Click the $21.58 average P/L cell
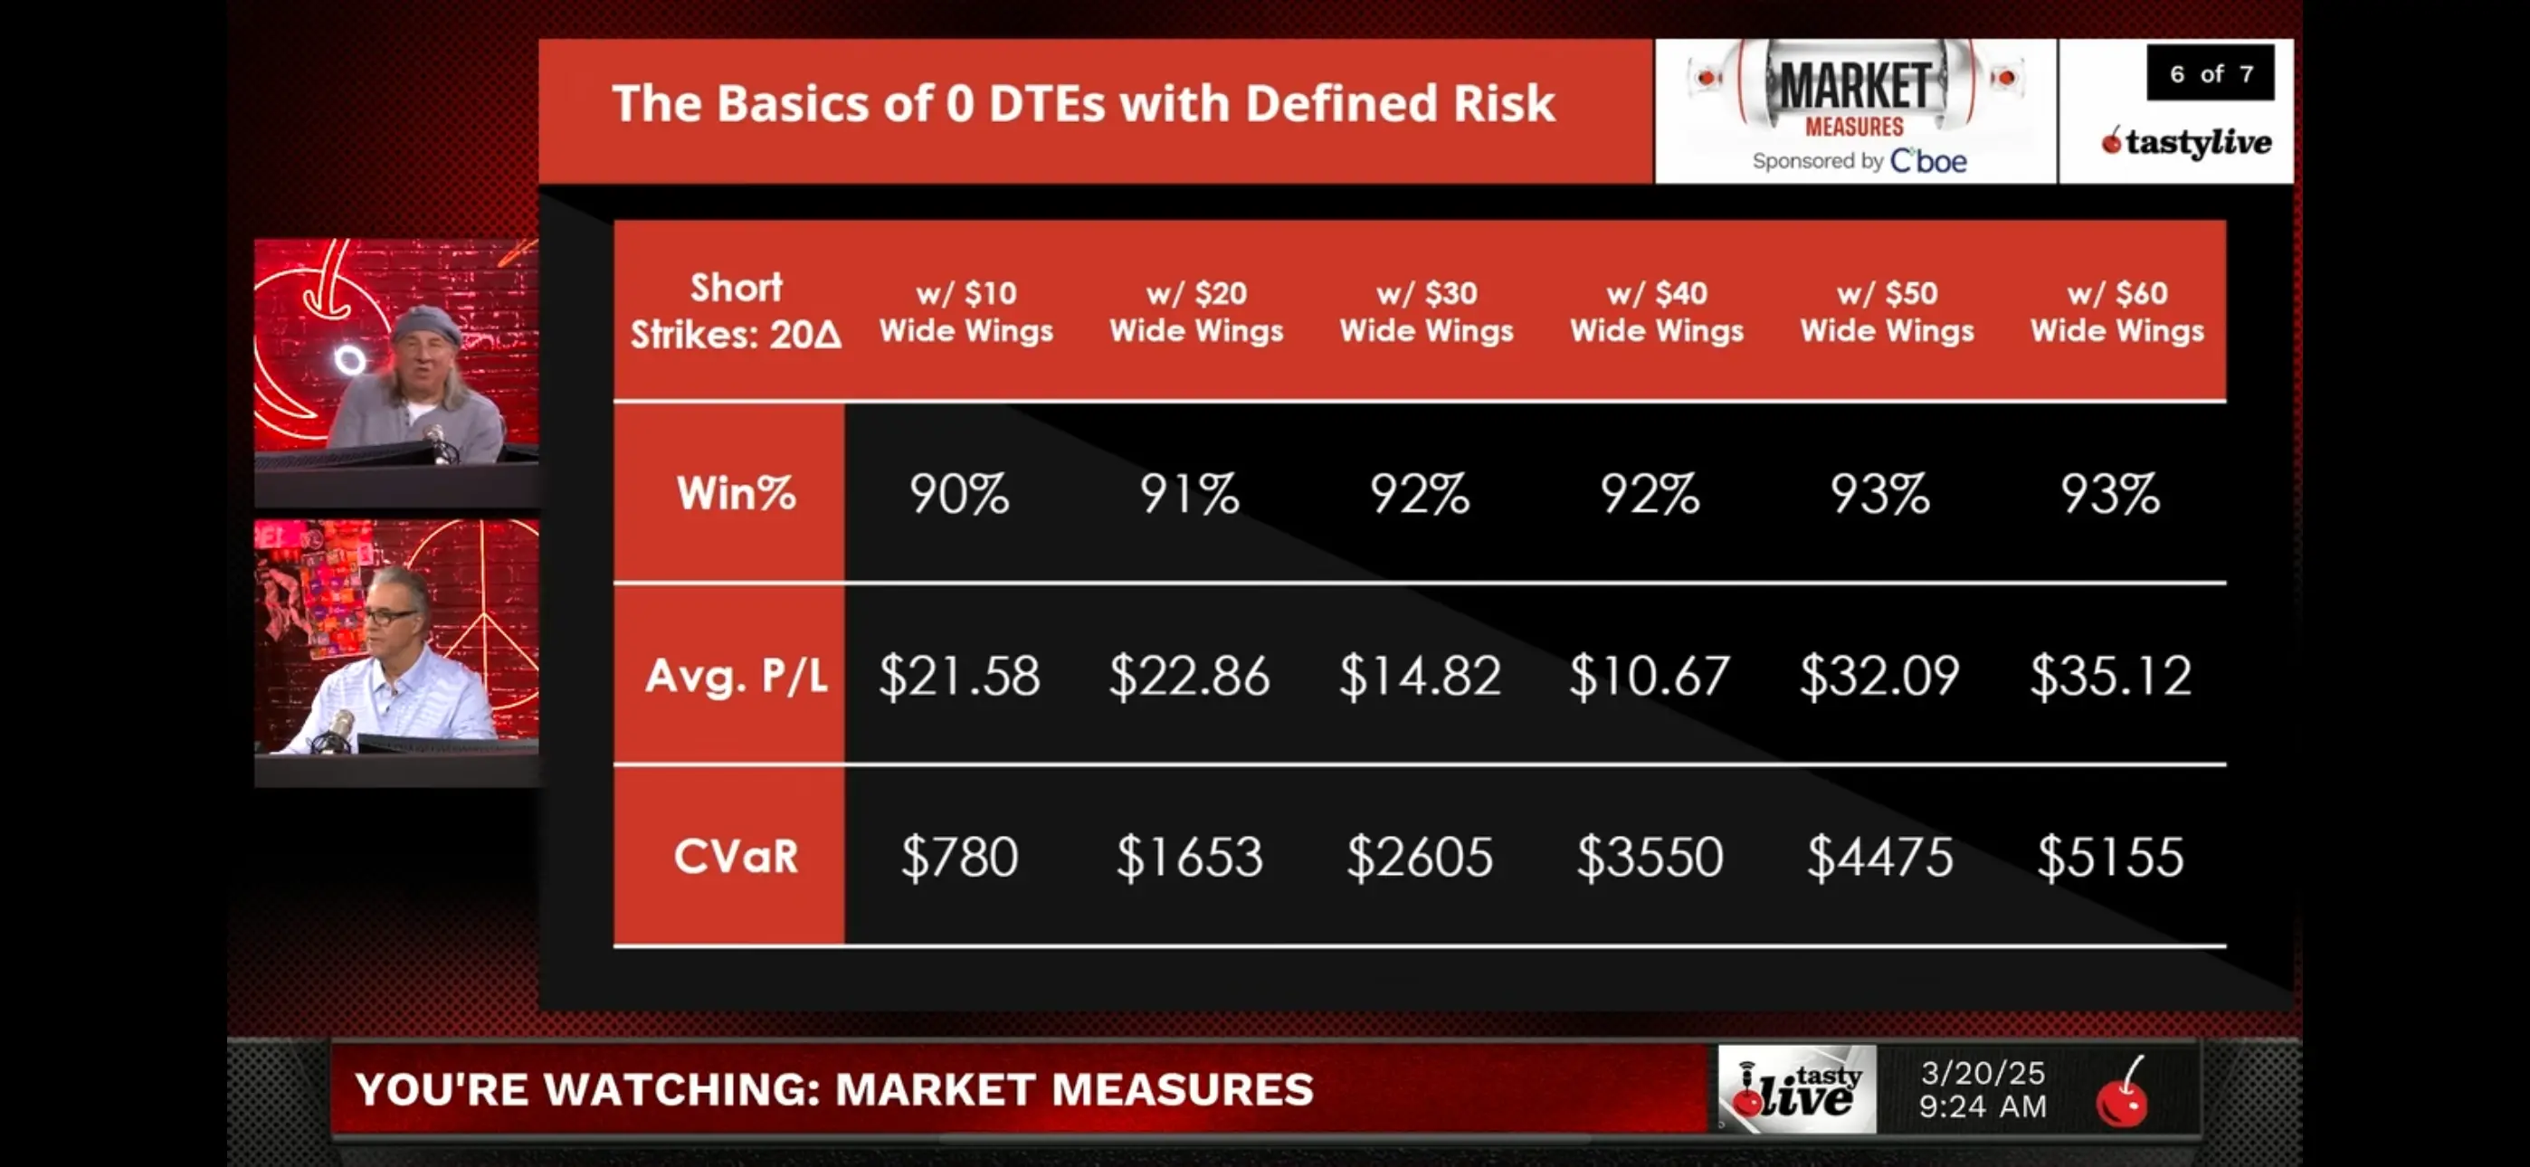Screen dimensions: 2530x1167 click(959, 676)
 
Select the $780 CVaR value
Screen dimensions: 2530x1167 click(959, 857)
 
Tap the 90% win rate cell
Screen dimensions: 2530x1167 click(959, 493)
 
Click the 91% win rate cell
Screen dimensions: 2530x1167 click(1189, 493)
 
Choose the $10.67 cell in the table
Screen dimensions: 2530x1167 click(1650, 676)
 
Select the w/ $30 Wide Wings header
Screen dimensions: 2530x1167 click(1427, 311)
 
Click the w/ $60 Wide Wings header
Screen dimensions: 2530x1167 click(2117, 311)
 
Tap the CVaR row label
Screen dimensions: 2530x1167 click(736, 857)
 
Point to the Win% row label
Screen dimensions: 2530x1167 click(736, 493)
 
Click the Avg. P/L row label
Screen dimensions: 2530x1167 click(736, 676)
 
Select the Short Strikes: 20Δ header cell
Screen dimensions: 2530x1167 click(736, 310)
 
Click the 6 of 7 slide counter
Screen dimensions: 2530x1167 click(2211, 73)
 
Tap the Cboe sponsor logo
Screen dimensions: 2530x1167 click(1928, 160)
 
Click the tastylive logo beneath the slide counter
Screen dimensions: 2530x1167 click(2186, 142)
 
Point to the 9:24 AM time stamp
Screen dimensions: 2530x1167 click(1983, 1107)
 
